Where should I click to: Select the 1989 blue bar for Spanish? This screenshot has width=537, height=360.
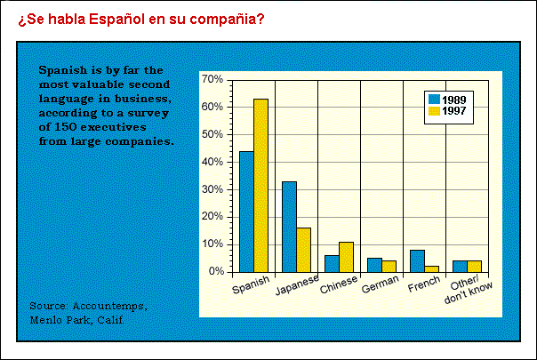246,212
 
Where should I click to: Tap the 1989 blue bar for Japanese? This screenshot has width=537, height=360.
289,227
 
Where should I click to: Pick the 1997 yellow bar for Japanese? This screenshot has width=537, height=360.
303,250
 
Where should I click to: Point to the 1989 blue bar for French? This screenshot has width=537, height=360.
417,261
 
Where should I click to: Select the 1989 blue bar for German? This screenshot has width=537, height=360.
374,265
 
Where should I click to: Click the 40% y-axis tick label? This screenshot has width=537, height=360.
212,162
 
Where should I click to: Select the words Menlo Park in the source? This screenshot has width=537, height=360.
64,320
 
